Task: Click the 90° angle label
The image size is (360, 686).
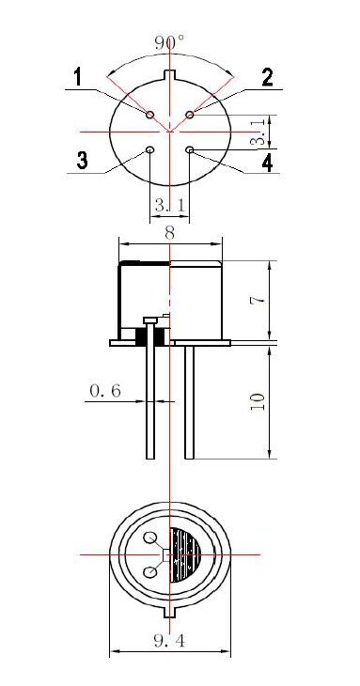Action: point(169,42)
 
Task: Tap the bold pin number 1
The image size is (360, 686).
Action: point(77,77)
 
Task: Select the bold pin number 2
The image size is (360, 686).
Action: point(267,77)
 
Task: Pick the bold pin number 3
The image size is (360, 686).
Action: point(82,160)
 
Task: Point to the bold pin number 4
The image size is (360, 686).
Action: point(267,163)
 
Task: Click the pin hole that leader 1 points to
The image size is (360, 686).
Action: point(150,115)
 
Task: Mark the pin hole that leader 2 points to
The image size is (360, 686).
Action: point(190,115)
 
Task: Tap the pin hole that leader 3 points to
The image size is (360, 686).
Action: point(149,149)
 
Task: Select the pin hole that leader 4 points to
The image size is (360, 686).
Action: point(190,150)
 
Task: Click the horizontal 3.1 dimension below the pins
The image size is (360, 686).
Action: point(170,205)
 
